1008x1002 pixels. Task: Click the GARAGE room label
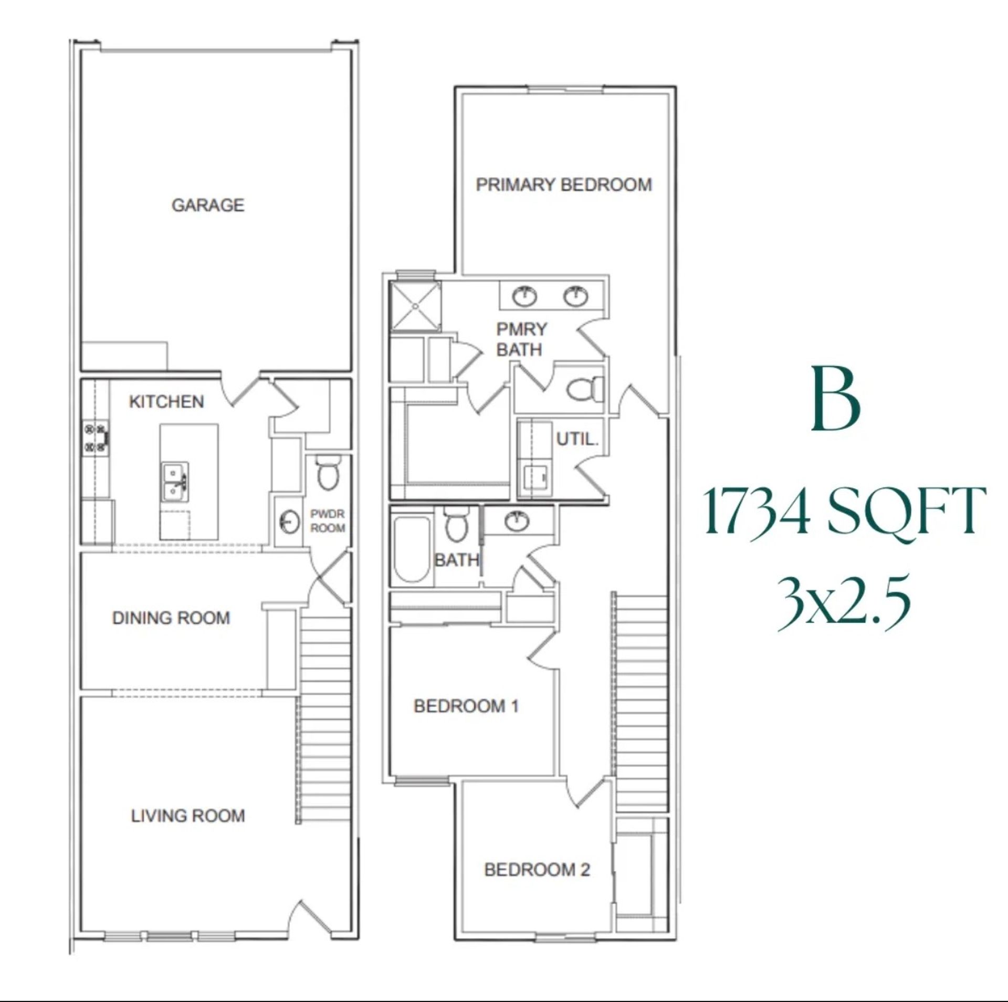pyautogui.click(x=208, y=205)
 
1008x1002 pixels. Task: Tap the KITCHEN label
pyautogui.click(x=166, y=402)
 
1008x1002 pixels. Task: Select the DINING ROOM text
pyautogui.click(x=171, y=618)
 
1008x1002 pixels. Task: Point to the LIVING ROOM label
pyautogui.click(x=188, y=816)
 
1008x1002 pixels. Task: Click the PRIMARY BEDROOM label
pyautogui.click(x=564, y=185)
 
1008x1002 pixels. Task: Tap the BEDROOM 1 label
pyautogui.click(x=466, y=706)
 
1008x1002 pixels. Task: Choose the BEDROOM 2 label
pyautogui.click(x=537, y=870)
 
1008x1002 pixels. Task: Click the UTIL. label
pyautogui.click(x=577, y=439)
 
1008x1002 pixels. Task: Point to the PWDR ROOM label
pyautogui.click(x=328, y=520)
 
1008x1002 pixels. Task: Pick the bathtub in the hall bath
pyautogui.click(x=412, y=549)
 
